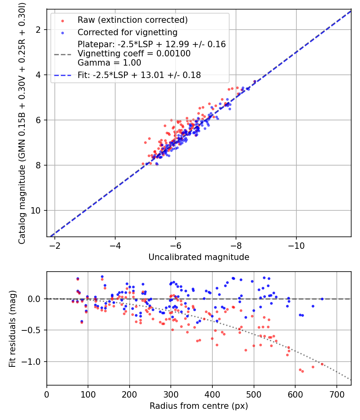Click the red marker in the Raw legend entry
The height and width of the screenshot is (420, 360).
point(63,21)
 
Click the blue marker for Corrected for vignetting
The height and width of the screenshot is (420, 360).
point(63,33)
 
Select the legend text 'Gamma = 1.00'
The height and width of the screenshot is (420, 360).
point(109,63)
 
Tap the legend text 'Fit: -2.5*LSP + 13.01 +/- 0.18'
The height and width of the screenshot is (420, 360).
point(139,75)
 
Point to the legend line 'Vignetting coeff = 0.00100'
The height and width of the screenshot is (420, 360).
point(134,54)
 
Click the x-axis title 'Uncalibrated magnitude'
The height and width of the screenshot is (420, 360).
point(199,257)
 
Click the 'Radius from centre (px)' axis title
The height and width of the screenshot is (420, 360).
point(199,406)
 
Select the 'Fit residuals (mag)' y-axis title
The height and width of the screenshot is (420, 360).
point(12,329)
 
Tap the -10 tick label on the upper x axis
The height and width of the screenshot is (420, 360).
point(296,246)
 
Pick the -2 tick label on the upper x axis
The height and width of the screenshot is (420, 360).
point(55,246)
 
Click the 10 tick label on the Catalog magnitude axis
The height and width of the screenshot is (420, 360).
point(36,210)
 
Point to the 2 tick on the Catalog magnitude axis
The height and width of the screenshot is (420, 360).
point(38,30)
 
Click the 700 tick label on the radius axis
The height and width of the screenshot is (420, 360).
point(337,394)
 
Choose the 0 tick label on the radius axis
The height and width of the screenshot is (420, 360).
point(47,394)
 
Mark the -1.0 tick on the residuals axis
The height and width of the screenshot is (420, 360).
point(32,362)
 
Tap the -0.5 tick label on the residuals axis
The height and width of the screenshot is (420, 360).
point(32,330)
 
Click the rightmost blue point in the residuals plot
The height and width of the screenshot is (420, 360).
point(322,299)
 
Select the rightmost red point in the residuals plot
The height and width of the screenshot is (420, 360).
point(322,364)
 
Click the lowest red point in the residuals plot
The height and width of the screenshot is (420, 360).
point(303,372)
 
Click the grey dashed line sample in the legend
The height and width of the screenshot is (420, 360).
point(63,55)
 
